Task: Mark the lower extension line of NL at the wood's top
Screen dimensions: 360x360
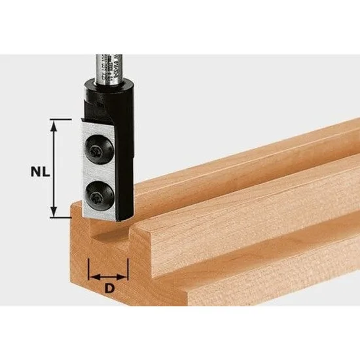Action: click(x=62, y=217)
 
